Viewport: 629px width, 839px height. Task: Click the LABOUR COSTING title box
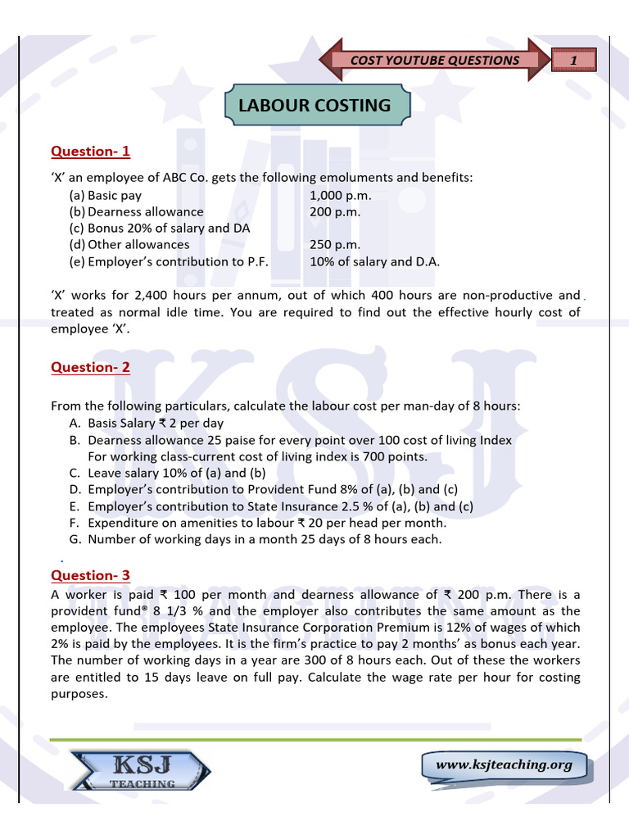[x=314, y=106]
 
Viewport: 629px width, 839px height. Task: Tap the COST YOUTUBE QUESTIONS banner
[x=434, y=60]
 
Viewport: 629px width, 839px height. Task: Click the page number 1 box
[x=574, y=60]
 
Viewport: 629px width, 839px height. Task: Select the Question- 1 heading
[x=90, y=152]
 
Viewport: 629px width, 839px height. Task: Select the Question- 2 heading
[x=90, y=367]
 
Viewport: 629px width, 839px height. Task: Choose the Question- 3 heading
[x=90, y=575]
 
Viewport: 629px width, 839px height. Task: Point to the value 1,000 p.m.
[x=340, y=196]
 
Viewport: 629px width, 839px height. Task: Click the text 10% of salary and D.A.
[x=374, y=261]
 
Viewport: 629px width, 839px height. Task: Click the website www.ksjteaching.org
[x=504, y=764]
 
